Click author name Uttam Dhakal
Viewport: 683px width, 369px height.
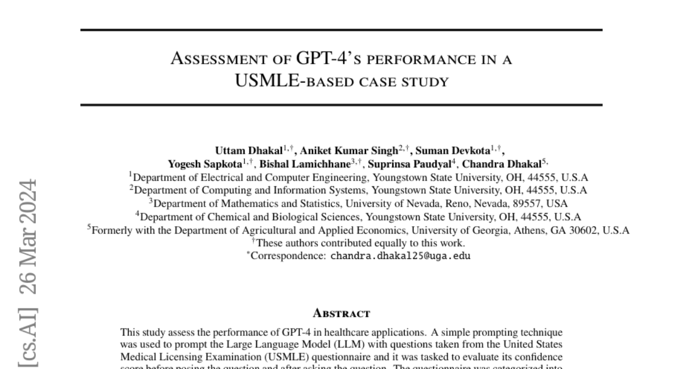(249, 151)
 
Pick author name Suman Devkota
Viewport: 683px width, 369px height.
(444, 151)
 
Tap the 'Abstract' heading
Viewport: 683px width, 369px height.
(341, 313)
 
